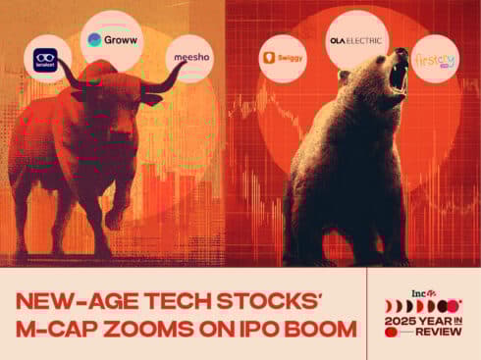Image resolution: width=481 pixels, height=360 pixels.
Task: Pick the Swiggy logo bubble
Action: point(283,61)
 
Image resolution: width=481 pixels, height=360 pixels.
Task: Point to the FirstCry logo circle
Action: point(433,58)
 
